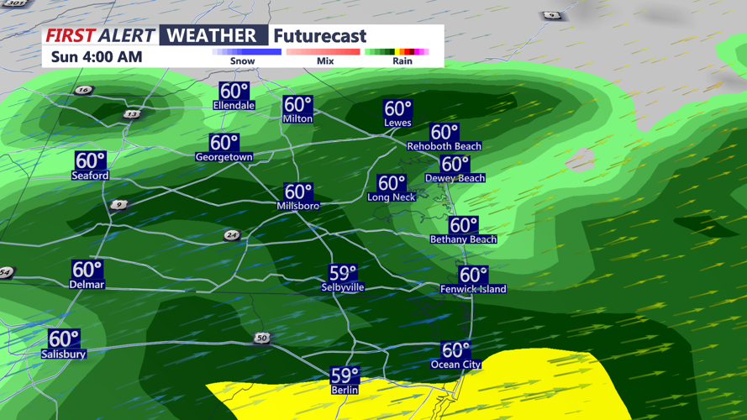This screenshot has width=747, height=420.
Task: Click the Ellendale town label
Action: [x=234, y=106]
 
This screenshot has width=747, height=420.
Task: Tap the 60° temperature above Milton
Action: [x=297, y=105]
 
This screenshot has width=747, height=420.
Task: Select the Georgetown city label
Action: [x=224, y=157]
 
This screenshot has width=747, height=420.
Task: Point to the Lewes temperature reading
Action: [x=397, y=109]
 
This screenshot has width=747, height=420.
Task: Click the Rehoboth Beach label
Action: [x=444, y=146]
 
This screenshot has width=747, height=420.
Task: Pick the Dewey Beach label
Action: [x=455, y=178]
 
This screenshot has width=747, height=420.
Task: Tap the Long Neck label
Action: [x=392, y=197]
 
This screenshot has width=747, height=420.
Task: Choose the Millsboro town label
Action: [x=298, y=206]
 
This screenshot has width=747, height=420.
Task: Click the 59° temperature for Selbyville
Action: [x=343, y=273]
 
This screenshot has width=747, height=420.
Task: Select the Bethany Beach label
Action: [x=463, y=239]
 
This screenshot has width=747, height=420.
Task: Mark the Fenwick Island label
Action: [x=473, y=289]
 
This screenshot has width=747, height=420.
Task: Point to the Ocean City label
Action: [x=456, y=365]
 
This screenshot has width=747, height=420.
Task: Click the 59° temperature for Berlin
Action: [x=345, y=375]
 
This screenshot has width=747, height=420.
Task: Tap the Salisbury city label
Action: [x=64, y=354]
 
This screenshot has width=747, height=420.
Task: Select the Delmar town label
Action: [x=87, y=285]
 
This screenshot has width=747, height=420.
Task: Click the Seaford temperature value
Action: [x=90, y=160]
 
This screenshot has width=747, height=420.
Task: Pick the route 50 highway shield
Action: [x=262, y=338]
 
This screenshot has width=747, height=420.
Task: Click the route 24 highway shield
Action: [x=232, y=236]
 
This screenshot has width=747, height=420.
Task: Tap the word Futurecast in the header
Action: [x=320, y=36]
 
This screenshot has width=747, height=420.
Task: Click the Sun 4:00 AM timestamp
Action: [x=97, y=57]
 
